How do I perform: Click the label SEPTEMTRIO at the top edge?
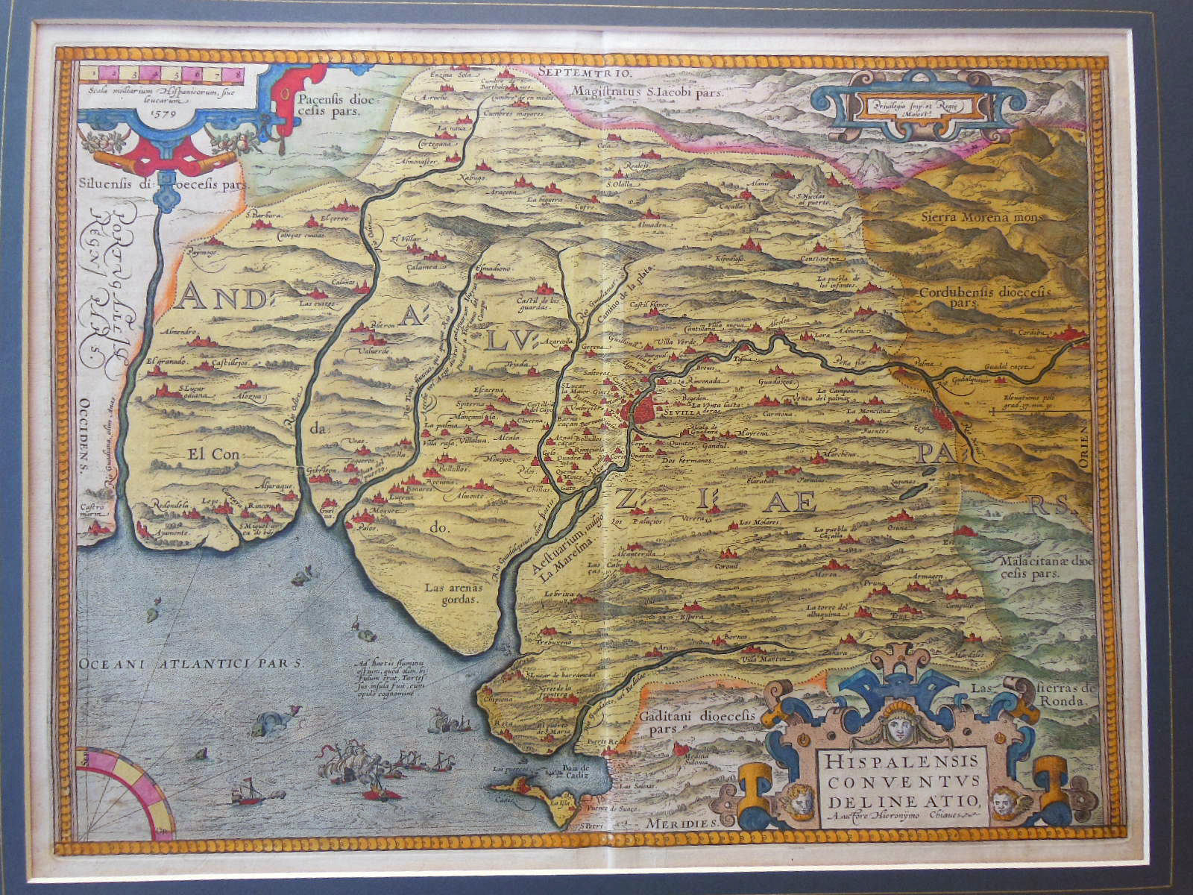(x=584, y=73)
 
